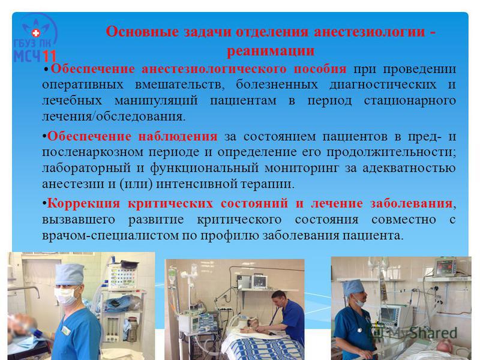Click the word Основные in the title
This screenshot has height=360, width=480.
[142, 32]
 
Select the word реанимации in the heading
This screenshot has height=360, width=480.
[271, 50]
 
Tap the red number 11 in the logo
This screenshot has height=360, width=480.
[49, 56]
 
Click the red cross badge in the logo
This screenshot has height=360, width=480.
[36, 33]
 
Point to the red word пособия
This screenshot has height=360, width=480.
[320, 69]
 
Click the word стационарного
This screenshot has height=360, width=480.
[410, 101]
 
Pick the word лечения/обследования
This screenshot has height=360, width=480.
[113, 116]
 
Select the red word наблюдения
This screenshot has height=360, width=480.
[178, 136]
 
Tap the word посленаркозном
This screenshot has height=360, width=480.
[92, 152]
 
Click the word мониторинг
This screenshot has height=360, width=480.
[302, 169]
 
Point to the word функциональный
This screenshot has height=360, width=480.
[204, 169]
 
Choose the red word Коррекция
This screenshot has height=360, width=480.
[83, 203]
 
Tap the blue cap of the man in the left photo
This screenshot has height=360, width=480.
[70, 275]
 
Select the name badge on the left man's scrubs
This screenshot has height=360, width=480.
[66, 331]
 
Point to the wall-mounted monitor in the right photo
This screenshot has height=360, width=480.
[446, 268]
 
